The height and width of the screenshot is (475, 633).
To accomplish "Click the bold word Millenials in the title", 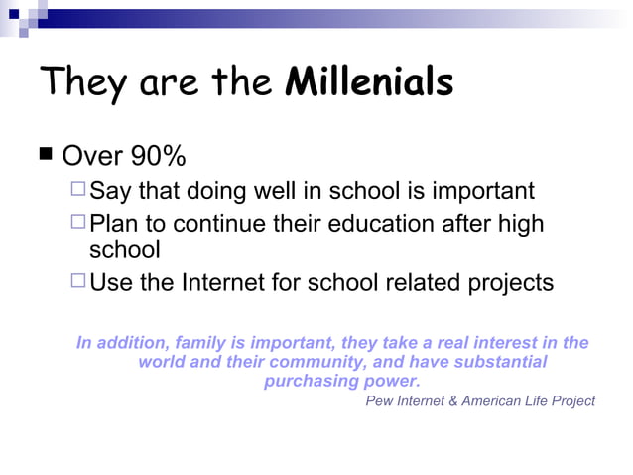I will pyautogui.click(x=369, y=82).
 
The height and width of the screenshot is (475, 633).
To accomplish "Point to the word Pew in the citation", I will pyautogui.click(x=379, y=401).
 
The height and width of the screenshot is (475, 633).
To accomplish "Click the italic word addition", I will pyautogui.click(x=129, y=343).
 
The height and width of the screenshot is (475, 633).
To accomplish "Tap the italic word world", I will pyautogui.click(x=162, y=362).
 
